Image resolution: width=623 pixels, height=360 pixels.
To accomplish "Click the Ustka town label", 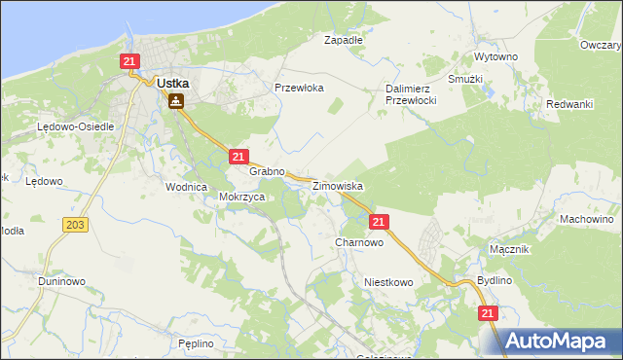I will click(x=172, y=84).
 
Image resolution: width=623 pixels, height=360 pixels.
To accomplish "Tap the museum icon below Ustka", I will click(x=175, y=100).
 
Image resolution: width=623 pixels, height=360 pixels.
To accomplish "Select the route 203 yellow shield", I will click(x=74, y=225).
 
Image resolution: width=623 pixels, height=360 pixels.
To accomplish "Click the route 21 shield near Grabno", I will click(x=238, y=156).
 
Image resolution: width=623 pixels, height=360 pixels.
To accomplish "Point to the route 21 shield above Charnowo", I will click(x=380, y=222).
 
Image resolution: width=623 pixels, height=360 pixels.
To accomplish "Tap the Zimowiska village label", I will click(x=337, y=185).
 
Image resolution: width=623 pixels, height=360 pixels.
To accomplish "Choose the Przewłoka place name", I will click(x=299, y=88).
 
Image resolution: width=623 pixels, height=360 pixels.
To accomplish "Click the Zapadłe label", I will click(x=343, y=41).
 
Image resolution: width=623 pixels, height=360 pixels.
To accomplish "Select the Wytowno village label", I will click(x=495, y=57).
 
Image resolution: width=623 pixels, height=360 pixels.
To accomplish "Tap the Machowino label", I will click(x=585, y=220).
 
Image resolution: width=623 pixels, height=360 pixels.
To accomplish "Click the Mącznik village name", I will click(x=509, y=249).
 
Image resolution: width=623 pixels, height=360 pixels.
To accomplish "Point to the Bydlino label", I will click(x=495, y=280).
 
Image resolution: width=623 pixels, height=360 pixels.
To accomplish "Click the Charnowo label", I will click(x=358, y=242).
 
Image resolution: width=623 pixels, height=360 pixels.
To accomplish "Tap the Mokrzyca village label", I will click(x=242, y=197).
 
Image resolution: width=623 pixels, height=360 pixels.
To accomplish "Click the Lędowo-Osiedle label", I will click(x=76, y=127).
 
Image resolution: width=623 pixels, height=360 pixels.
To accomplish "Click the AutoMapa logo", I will click(x=558, y=341).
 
